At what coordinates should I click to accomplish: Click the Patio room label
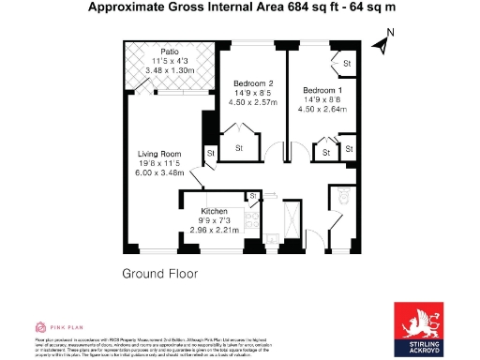[169, 52]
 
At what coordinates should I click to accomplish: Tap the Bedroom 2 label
[252, 84]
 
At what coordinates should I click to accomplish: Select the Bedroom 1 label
[322, 90]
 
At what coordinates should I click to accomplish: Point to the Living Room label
[158, 154]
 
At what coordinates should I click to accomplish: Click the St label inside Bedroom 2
[238, 148]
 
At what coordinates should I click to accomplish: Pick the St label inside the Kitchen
[253, 196]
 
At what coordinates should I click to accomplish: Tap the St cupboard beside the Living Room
[210, 153]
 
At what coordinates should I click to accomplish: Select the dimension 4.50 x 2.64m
[322, 109]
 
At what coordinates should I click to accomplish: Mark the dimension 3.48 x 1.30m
[169, 70]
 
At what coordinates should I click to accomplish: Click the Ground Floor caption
[159, 274]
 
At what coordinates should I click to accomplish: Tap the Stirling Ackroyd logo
[419, 328]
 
